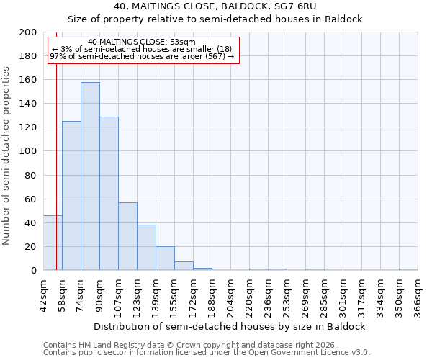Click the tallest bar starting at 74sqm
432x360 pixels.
tap(90, 176)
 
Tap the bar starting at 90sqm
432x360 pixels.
tap(109, 194)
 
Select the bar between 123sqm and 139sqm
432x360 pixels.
tap(146, 248)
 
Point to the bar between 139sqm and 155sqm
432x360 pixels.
tap(165, 258)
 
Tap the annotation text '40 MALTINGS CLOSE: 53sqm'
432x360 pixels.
tap(141, 42)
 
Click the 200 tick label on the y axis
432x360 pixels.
tap(28, 32)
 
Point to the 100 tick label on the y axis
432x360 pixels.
tap(28, 151)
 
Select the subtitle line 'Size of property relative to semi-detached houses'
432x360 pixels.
tap(215, 19)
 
